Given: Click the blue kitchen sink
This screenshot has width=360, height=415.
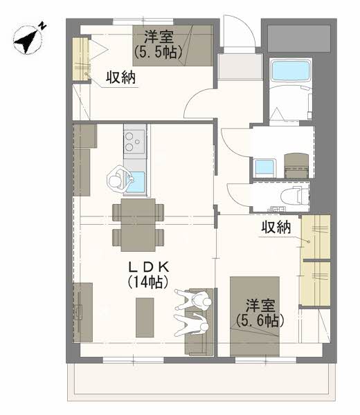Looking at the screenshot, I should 135,182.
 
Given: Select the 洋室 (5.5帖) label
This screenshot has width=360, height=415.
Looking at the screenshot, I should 159,42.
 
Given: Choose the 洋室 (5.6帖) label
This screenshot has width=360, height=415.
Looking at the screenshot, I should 260,313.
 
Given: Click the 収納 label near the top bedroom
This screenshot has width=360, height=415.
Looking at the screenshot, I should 120,77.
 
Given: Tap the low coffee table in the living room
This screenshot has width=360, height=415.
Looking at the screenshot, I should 143,315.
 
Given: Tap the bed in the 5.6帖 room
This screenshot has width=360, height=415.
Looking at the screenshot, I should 255,315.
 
